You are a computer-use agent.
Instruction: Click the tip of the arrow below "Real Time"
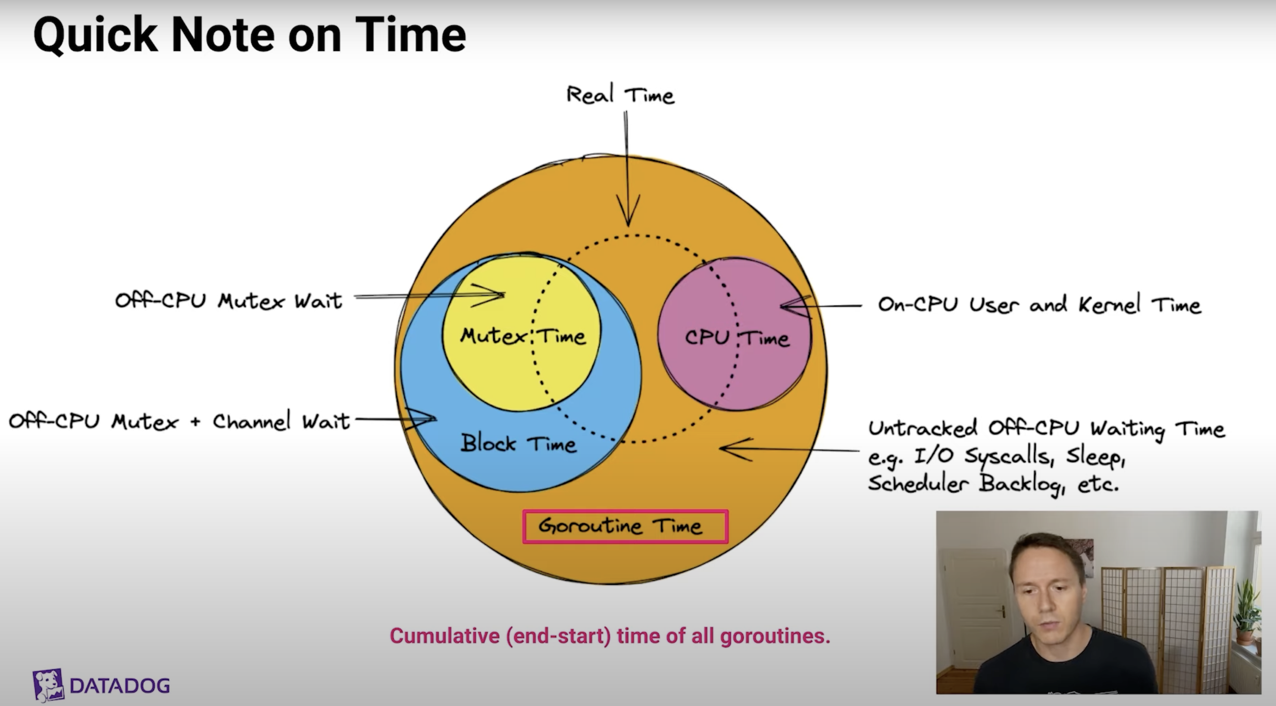(628, 226)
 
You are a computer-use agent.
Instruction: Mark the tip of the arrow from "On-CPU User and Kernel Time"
(781, 306)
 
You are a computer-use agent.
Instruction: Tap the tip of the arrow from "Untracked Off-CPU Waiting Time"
(720, 448)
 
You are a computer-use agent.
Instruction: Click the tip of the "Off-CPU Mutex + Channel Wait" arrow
(436, 419)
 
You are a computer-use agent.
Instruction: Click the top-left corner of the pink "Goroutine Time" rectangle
(523, 511)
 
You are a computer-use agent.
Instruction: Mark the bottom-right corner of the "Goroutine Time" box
(728, 543)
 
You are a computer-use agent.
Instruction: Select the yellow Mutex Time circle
(521, 332)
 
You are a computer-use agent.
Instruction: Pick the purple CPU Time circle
(735, 333)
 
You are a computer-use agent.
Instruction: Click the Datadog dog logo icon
(48, 685)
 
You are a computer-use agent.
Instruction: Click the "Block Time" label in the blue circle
(518, 443)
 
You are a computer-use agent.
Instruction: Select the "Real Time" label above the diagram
(620, 94)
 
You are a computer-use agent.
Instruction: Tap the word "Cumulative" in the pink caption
(445, 636)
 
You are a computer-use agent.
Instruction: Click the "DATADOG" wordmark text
(120, 686)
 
